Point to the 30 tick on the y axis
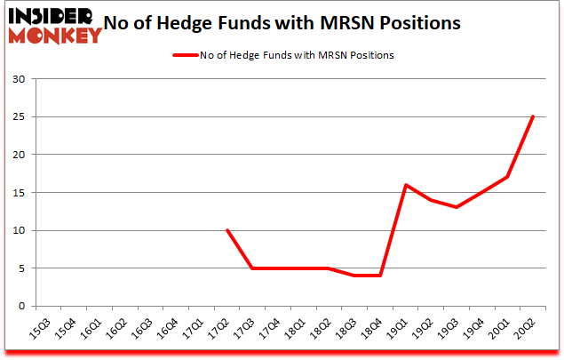tap(20, 79)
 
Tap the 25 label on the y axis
tap(20, 116)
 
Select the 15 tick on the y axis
tap(20, 193)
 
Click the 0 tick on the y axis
tap(22, 306)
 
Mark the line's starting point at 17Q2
tap(227, 230)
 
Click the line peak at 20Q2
tap(533, 116)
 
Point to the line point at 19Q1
tap(406, 185)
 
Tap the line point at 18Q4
tap(380, 276)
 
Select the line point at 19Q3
tap(457, 207)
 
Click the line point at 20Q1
tap(507, 177)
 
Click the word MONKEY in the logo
tap(56, 36)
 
